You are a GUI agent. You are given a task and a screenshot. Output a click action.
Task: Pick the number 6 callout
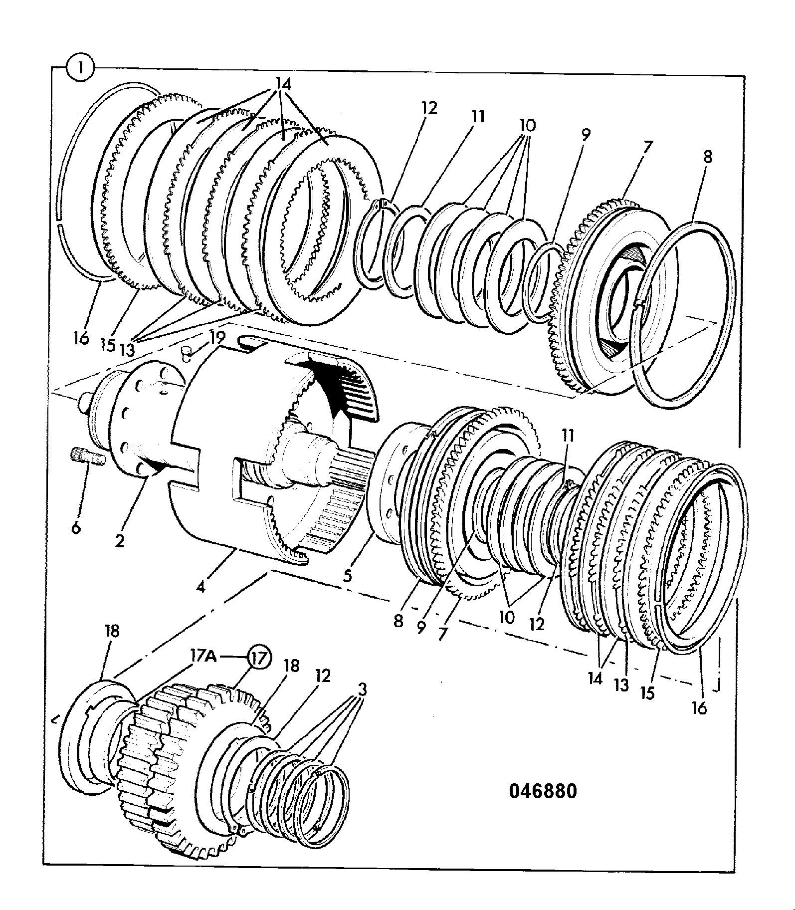click(75, 527)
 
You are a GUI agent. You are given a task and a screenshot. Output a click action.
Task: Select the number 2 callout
click(120, 540)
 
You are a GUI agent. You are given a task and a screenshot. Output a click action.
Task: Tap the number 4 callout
click(201, 587)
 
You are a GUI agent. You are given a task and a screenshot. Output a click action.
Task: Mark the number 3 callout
click(362, 690)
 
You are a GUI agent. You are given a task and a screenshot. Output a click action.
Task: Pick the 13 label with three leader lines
click(127, 349)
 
